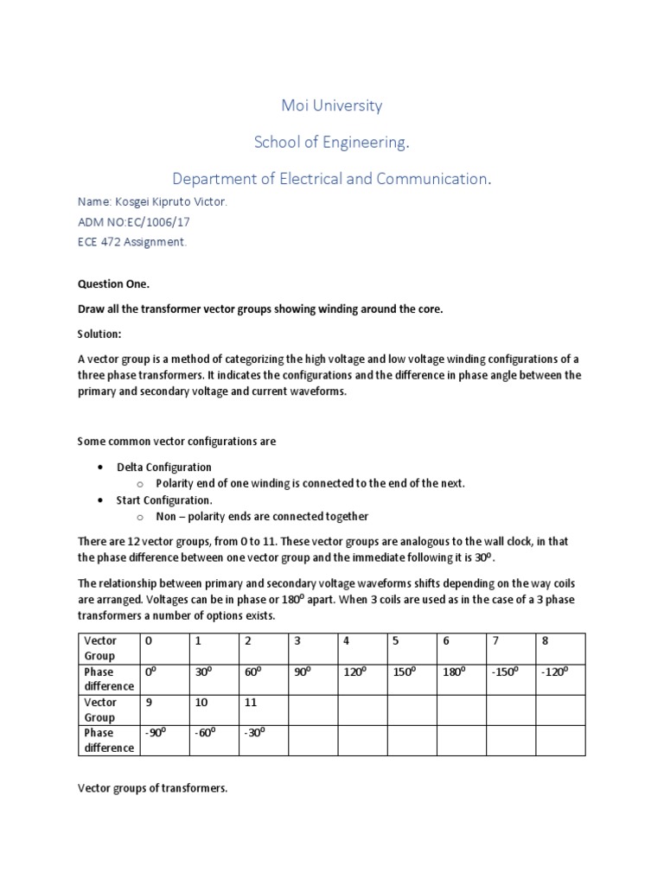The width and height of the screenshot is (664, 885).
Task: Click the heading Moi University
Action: [x=331, y=106]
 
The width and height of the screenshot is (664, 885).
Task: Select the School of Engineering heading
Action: [x=331, y=143]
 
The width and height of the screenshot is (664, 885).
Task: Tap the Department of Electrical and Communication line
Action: [x=331, y=179]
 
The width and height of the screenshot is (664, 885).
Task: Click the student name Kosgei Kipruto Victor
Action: [x=153, y=201]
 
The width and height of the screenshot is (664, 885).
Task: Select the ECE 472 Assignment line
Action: [x=132, y=242]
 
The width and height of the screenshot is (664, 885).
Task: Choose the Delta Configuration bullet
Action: [x=164, y=467]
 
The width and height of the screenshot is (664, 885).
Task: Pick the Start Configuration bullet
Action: [x=163, y=500]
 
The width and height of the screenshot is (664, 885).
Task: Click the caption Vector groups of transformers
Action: [x=152, y=788]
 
